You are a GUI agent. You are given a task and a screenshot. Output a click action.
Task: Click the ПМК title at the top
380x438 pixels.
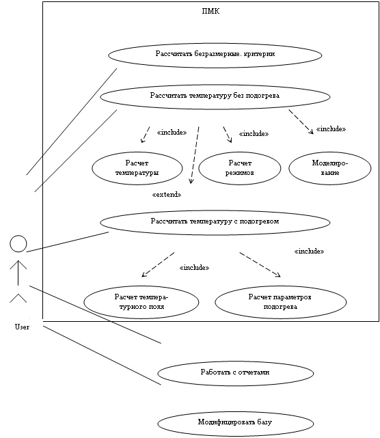[211, 11]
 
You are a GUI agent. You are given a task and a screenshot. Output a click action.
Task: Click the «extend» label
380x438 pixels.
[167, 195]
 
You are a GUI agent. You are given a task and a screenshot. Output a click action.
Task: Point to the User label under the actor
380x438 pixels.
[22, 327]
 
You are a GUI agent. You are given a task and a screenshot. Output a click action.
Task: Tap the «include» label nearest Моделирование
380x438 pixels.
[331, 129]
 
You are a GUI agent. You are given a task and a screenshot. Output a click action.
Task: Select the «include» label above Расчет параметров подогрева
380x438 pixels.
[309, 251]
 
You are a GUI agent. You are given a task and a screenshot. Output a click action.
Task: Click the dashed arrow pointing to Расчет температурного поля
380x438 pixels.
[158, 265]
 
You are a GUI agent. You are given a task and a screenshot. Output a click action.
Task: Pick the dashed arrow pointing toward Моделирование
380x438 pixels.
[301, 122]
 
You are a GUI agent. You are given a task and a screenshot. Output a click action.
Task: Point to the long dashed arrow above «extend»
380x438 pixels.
[195, 155]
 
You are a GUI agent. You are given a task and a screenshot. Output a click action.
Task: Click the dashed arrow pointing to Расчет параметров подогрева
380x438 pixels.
[260, 265]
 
